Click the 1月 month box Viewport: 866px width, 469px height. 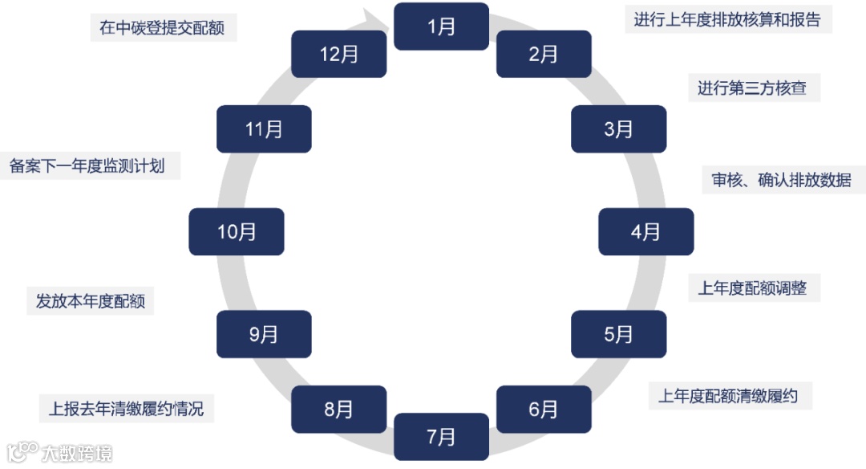441,27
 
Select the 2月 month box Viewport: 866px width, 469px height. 544,55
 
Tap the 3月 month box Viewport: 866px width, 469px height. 618,128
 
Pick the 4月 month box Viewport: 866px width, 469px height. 645,232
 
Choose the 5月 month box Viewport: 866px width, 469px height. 618,334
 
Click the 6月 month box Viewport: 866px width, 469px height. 544,410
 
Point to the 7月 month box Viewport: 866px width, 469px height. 441,437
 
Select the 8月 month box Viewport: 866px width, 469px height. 338,410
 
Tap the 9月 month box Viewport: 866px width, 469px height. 264,334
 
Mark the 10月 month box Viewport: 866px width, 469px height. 237,232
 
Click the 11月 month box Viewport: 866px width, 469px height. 264,128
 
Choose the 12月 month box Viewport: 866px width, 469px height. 338,55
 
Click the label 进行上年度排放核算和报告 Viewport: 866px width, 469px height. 727,20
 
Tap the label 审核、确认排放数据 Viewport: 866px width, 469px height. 781,180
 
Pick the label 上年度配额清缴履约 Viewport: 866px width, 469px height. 728,396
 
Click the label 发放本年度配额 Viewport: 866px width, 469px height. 90,302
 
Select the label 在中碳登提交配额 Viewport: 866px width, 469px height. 162,27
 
